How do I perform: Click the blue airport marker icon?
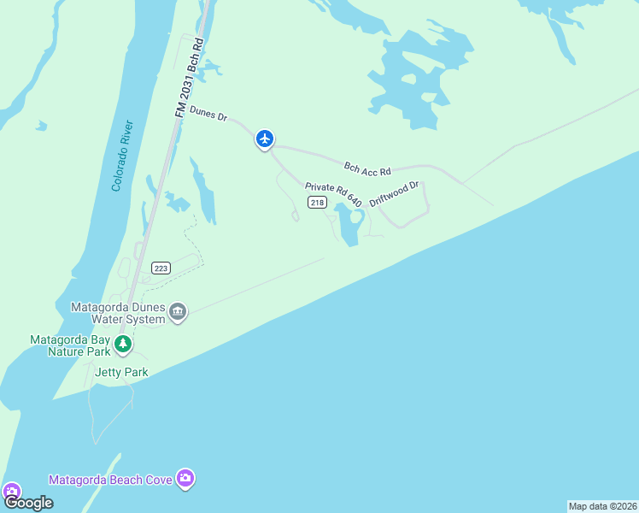click(x=265, y=139)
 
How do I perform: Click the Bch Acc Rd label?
click(x=366, y=167)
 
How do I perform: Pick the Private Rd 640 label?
click(x=334, y=193)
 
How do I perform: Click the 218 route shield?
click(x=318, y=203)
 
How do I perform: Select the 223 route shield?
click(x=161, y=268)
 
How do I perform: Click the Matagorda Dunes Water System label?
click(x=118, y=313)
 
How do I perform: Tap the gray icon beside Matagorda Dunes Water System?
click(x=178, y=311)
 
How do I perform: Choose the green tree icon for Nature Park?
click(x=123, y=345)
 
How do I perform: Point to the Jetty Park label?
click(x=121, y=372)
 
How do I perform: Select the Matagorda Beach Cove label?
click(x=110, y=480)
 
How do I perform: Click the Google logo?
click(x=28, y=503)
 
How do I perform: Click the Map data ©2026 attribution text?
click(x=602, y=506)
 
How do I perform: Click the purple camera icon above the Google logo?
click(x=11, y=492)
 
